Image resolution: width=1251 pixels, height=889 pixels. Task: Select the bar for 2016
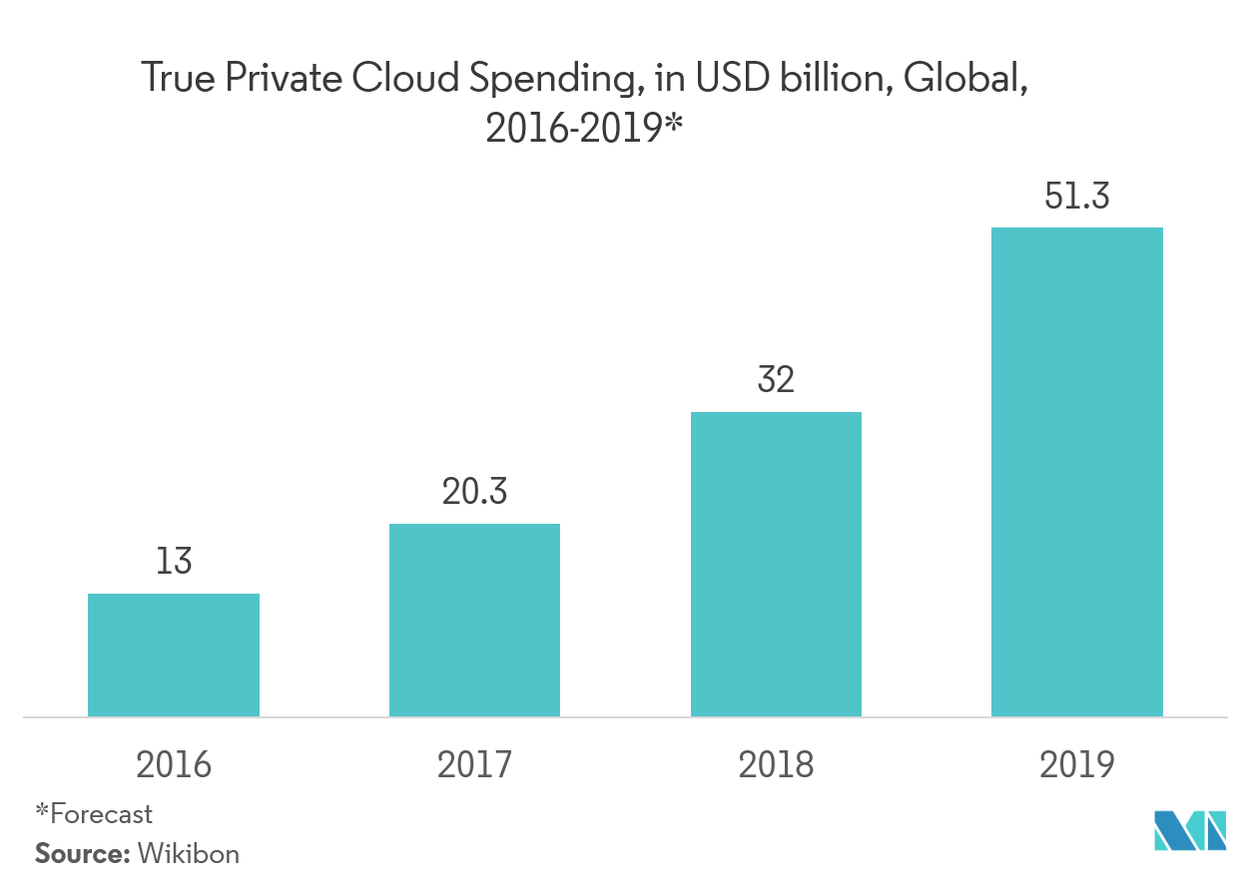coord(174,655)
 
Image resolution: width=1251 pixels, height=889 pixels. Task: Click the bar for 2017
coord(474,620)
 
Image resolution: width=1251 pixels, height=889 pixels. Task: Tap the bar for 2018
coord(776,564)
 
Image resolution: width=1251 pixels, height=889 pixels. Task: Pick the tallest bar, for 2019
coord(1076,472)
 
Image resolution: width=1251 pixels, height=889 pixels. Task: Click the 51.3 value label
coord(1076,198)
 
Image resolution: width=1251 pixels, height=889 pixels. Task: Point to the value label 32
coord(776,381)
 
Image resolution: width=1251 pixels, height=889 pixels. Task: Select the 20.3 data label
coord(474,492)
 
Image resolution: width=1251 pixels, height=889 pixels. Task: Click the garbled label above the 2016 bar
coord(175,571)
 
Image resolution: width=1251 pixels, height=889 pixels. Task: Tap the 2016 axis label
coord(174,764)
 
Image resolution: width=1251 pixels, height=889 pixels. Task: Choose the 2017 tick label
coord(474,764)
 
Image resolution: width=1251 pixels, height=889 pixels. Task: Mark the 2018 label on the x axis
coord(776,764)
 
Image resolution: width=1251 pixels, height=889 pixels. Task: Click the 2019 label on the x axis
coord(1076,764)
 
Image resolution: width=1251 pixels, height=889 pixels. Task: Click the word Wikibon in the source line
coord(188,854)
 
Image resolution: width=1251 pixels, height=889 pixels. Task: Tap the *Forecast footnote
coord(94,814)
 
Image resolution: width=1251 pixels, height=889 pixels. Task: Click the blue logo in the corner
coord(1189,830)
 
